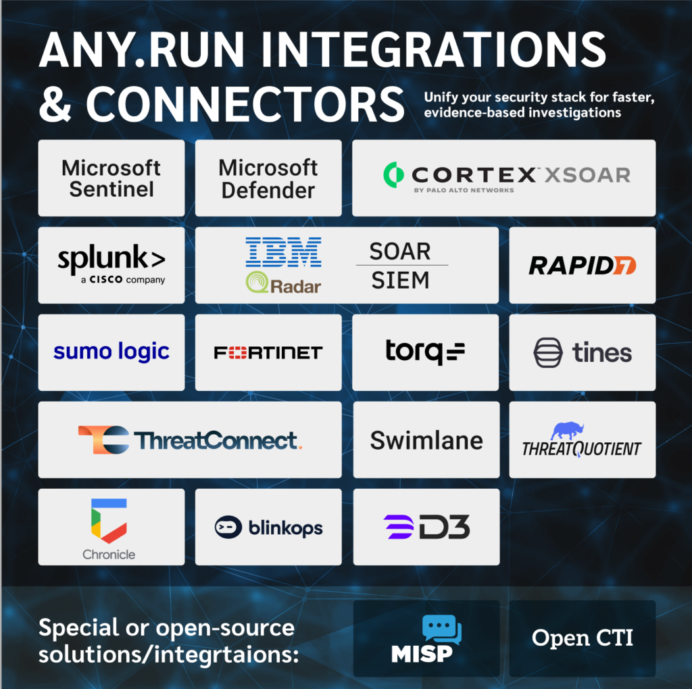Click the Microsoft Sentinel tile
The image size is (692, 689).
click(x=112, y=178)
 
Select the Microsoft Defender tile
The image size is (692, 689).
click(x=268, y=178)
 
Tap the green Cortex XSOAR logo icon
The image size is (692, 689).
click(x=393, y=175)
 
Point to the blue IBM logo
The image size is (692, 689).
click(x=283, y=252)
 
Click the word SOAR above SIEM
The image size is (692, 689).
click(x=400, y=252)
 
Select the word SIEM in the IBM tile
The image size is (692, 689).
click(x=400, y=280)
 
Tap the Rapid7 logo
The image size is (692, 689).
click(x=582, y=266)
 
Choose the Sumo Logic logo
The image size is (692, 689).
click(x=112, y=352)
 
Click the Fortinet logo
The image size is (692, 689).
click(x=268, y=352)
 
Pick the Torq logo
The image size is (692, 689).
click(x=425, y=352)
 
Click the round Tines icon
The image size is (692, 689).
click(x=548, y=352)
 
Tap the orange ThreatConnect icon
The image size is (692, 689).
click(x=104, y=440)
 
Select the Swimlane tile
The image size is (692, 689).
click(x=426, y=439)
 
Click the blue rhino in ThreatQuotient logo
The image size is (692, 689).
click(x=568, y=431)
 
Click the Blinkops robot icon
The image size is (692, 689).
click(x=228, y=527)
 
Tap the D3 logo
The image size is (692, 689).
click(x=426, y=527)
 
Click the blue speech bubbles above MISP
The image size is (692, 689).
click(x=442, y=629)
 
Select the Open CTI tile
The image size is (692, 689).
click(x=582, y=638)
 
